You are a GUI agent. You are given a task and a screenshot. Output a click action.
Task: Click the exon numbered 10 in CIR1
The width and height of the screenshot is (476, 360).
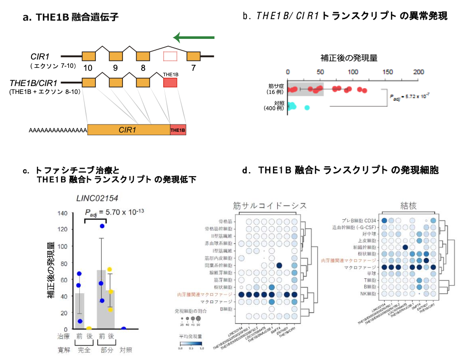[x=89, y=56]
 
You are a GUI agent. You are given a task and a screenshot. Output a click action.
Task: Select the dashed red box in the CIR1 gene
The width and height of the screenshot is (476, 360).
[x=170, y=56]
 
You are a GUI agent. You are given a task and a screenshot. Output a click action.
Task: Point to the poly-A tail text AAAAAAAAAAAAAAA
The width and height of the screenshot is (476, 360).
[x=58, y=131]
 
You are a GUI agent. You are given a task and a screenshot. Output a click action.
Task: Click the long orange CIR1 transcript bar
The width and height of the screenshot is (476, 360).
[x=128, y=130]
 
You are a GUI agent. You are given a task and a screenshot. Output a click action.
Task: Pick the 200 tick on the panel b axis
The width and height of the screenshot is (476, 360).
[x=418, y=72]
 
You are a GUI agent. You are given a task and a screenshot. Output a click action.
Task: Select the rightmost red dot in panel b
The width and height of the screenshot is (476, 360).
[x=364, y=90]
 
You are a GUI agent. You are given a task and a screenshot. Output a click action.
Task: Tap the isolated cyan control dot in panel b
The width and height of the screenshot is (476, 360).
[x=307, y=107]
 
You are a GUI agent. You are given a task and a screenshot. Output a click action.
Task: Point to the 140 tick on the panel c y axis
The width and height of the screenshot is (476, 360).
[x=62, y=213]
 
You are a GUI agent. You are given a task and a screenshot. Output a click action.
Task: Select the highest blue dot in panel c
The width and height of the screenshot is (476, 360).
[x=102, y=226]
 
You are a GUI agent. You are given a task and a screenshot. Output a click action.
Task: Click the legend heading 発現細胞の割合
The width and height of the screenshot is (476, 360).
[x=195, y=311]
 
